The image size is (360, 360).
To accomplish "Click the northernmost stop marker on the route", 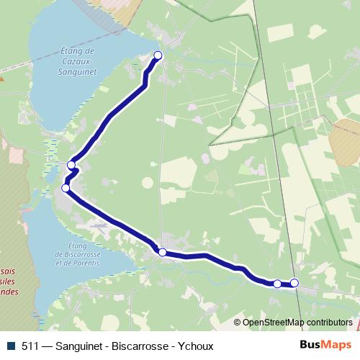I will (158, 55).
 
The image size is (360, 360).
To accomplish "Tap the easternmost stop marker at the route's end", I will (294, 283).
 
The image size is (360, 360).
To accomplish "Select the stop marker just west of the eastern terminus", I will (277, 284).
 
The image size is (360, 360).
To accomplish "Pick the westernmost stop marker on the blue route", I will (66, 188).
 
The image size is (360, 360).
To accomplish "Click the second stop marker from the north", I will (71, 166).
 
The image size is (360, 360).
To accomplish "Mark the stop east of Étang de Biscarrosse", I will (163, 252).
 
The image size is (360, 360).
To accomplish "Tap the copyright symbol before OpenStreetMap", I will (237, 323).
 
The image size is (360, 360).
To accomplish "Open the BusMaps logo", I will (325, 346).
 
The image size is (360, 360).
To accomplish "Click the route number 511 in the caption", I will (30, 346).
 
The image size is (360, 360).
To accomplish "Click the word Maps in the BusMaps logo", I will (336, 346).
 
